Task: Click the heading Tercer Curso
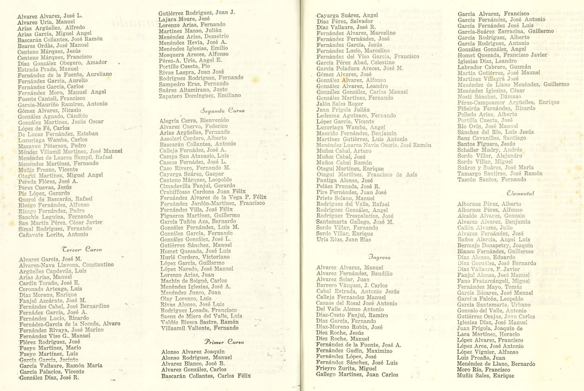pos(82,249)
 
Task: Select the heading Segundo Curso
pos(222,111)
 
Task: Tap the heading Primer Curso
pos(224,342)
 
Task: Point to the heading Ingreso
pos(379,257)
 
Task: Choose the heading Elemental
pos(520,193)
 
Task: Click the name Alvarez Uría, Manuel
pos(46,22)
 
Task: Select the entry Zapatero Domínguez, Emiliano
pos(200,95)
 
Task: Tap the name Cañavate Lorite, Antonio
pos(54,235)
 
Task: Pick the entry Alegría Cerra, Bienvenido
pos(194,120)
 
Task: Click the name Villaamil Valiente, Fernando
pos(199,328)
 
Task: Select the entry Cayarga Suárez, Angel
pos(347,15)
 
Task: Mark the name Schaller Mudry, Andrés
pos(490,150)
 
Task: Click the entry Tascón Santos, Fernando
pos(492,179)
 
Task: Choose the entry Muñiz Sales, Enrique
pos(485,376)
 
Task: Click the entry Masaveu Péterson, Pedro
pos(52,145)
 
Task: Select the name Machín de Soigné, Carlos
pos(193,280)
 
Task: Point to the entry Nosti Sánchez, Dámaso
pos(484,96)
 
